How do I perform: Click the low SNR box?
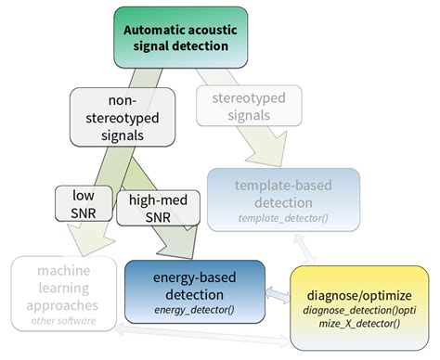tap(81, 206)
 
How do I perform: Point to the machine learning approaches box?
tap(65, 293)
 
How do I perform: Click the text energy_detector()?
tap(194, 309)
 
